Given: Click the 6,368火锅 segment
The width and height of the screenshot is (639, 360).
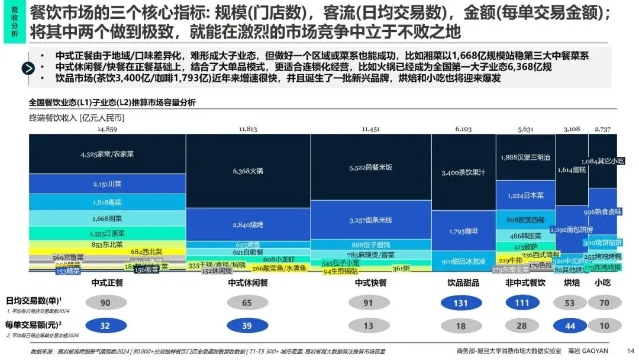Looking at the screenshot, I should pos(248,172).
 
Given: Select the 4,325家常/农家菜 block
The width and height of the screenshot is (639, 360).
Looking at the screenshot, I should pos(107,154).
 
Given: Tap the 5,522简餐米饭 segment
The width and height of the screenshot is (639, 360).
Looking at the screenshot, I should pos(370,168).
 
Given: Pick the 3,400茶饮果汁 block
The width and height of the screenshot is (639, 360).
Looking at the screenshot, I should pos(463,173).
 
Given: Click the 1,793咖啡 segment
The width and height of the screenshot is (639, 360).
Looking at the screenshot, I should pos(463,230).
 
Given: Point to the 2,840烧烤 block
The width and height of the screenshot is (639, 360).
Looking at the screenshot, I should pos(248,225).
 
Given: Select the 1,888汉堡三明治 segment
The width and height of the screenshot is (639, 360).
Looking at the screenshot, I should pos(525,157).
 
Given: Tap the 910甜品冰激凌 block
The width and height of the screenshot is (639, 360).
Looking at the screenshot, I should pos(463,261).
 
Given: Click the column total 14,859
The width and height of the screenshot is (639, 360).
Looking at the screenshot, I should pos(107,128).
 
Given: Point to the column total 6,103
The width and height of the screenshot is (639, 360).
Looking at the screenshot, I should pos(463,128).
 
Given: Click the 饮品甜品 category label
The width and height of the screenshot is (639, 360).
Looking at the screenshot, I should pos(463,283).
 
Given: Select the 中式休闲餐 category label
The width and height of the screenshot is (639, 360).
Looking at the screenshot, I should pos(248,283).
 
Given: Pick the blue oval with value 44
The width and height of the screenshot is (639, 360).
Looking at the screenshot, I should pos(570,326).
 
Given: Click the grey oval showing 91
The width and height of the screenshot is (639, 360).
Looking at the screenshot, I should pos(369,303).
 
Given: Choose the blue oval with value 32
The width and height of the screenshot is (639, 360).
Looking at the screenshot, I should pos(105,326).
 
